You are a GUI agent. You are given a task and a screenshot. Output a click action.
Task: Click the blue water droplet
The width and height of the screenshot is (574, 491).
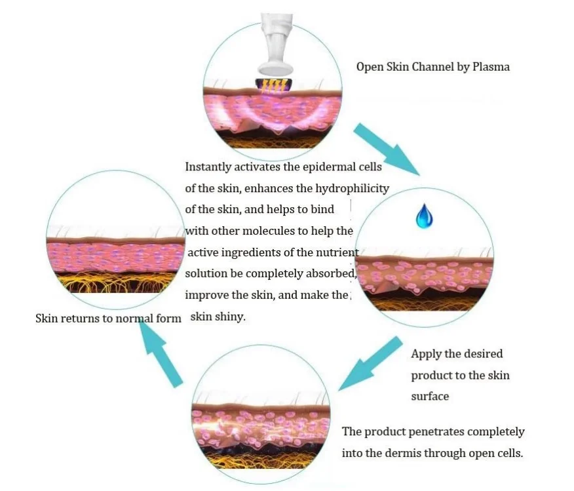coord(425,218)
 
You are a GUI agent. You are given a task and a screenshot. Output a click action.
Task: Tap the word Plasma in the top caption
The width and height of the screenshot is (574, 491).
coord(490,67)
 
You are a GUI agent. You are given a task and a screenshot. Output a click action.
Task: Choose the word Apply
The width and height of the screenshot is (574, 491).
coord(426,354)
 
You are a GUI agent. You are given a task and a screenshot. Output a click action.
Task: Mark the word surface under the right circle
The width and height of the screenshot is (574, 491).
coord(430,396)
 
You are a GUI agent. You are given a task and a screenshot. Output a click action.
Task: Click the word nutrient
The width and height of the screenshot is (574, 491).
coord(338,252)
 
